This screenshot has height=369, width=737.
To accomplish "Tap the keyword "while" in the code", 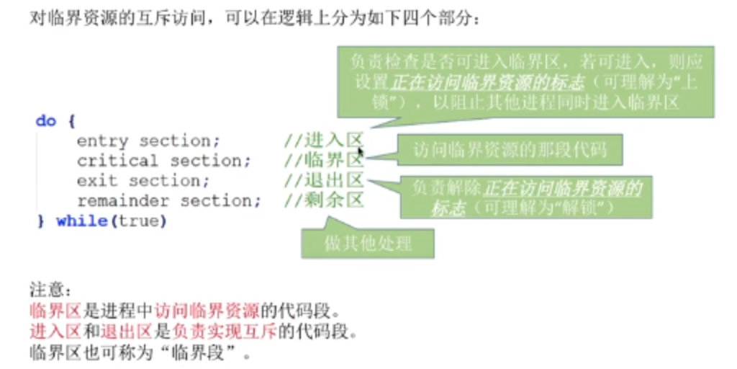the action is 81,221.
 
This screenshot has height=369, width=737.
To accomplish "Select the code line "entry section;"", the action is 148,141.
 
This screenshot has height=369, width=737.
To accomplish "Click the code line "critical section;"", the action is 164,161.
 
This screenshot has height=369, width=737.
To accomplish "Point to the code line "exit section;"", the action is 143,181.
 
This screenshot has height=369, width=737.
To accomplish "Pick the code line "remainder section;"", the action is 169,201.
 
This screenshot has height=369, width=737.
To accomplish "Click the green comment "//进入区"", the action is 324,141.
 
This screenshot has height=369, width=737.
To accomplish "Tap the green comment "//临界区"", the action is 324,161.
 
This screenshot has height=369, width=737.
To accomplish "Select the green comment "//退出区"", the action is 324,181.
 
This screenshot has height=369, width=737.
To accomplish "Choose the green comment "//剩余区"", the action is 324,201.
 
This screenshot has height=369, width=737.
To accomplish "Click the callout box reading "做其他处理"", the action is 368,244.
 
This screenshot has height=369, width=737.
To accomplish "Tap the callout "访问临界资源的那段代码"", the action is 510,151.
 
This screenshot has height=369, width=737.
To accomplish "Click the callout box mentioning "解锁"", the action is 525,197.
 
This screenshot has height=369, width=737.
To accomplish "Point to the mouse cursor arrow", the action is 361,152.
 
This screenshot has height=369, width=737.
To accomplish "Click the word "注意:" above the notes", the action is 50,292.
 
